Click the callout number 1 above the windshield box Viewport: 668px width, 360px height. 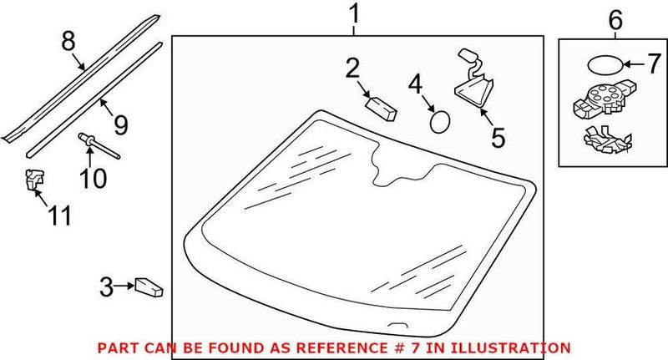pyautogui.click(x=354, y=14)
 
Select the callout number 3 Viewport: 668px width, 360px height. pyautogui.click(x=106, y=287)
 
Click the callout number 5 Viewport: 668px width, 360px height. pyautogui.click(x=498, y=138)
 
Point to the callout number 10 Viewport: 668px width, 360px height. pyautogui.click(x=94, y=178)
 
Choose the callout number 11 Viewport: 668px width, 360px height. pyautogui.click(x=59, y=215)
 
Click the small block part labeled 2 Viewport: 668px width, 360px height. pyautogui.click(x=382, y=107)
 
